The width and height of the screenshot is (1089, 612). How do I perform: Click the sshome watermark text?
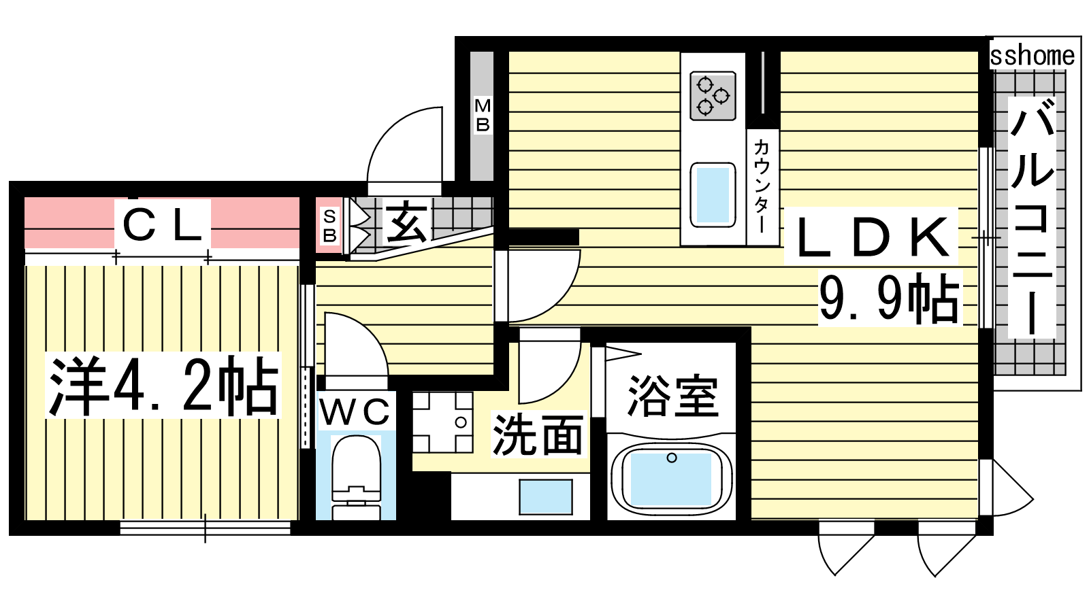pos(1032,56)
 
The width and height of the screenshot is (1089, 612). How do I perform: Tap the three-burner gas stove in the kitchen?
pos(713,96)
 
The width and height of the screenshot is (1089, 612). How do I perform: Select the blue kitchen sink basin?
pos(713,194)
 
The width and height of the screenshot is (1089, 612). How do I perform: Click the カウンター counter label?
pos(762,186)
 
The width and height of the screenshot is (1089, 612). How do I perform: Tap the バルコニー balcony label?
pos(1031,217)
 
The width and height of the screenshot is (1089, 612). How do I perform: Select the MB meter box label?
pos(483,115)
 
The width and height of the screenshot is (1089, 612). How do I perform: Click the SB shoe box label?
pos(329,226)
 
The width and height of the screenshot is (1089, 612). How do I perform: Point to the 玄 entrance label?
pos(406,222)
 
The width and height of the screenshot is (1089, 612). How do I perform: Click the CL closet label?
pos(163,225)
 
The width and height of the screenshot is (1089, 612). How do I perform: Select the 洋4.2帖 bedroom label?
pos(163,386)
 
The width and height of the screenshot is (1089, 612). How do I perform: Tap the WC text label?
pos(355,412)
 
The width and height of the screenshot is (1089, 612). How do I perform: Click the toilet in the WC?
pos(357,477)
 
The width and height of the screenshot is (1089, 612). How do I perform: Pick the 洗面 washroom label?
pos(538,435)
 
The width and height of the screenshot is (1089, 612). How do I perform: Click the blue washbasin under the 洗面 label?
pos(545,496)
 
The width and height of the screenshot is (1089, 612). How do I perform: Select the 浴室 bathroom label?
pos(673,395)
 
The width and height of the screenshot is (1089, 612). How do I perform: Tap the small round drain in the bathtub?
pos(671,458)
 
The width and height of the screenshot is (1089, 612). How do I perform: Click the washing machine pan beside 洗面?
pos(442,422)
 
